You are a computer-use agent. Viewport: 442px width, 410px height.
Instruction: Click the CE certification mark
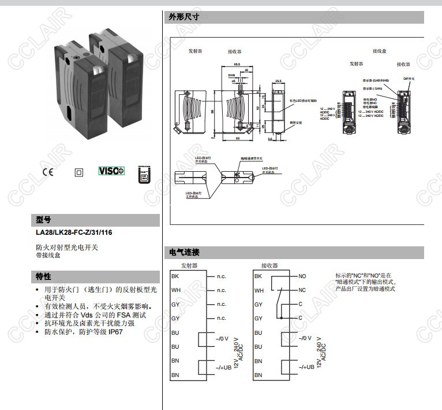pyautogui.click(x=47, y=172)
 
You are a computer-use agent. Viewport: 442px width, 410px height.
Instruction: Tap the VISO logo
pyautogui.click(x=111, y=171)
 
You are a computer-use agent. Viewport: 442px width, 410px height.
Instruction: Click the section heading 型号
pyautogui.click(x=44, y=220)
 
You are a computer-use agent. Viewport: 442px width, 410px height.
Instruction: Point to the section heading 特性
pyautogui.click(x=44, y=276)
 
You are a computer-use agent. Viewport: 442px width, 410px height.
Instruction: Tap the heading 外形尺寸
pyautogui.click(x=184, y=17)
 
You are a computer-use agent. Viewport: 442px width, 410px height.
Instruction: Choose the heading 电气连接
pyautogui.click(x=184, y=252)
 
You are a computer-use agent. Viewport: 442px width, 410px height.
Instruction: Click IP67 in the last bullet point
pyautogui.click(x=113, y=332)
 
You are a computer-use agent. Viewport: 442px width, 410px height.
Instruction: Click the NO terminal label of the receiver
pyautogui.click(x=302, y=276)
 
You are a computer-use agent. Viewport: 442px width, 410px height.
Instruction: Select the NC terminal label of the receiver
pyautogui.click(x=302, y=290)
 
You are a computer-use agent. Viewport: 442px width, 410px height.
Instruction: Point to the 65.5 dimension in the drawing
pyautogui.click(x=237, y=65)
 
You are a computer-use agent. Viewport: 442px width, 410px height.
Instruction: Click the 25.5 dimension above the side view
pyautogui.click(x=278, y=81)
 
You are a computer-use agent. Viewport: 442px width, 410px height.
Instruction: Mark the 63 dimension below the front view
pyautogui.click(x=237, y=139)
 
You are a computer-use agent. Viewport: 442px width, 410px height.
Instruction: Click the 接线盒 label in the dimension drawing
pyautogui.click(x=379, y=51)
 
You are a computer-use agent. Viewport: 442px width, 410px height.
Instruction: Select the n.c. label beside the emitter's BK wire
pyautogui.click(x=222, y=276)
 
